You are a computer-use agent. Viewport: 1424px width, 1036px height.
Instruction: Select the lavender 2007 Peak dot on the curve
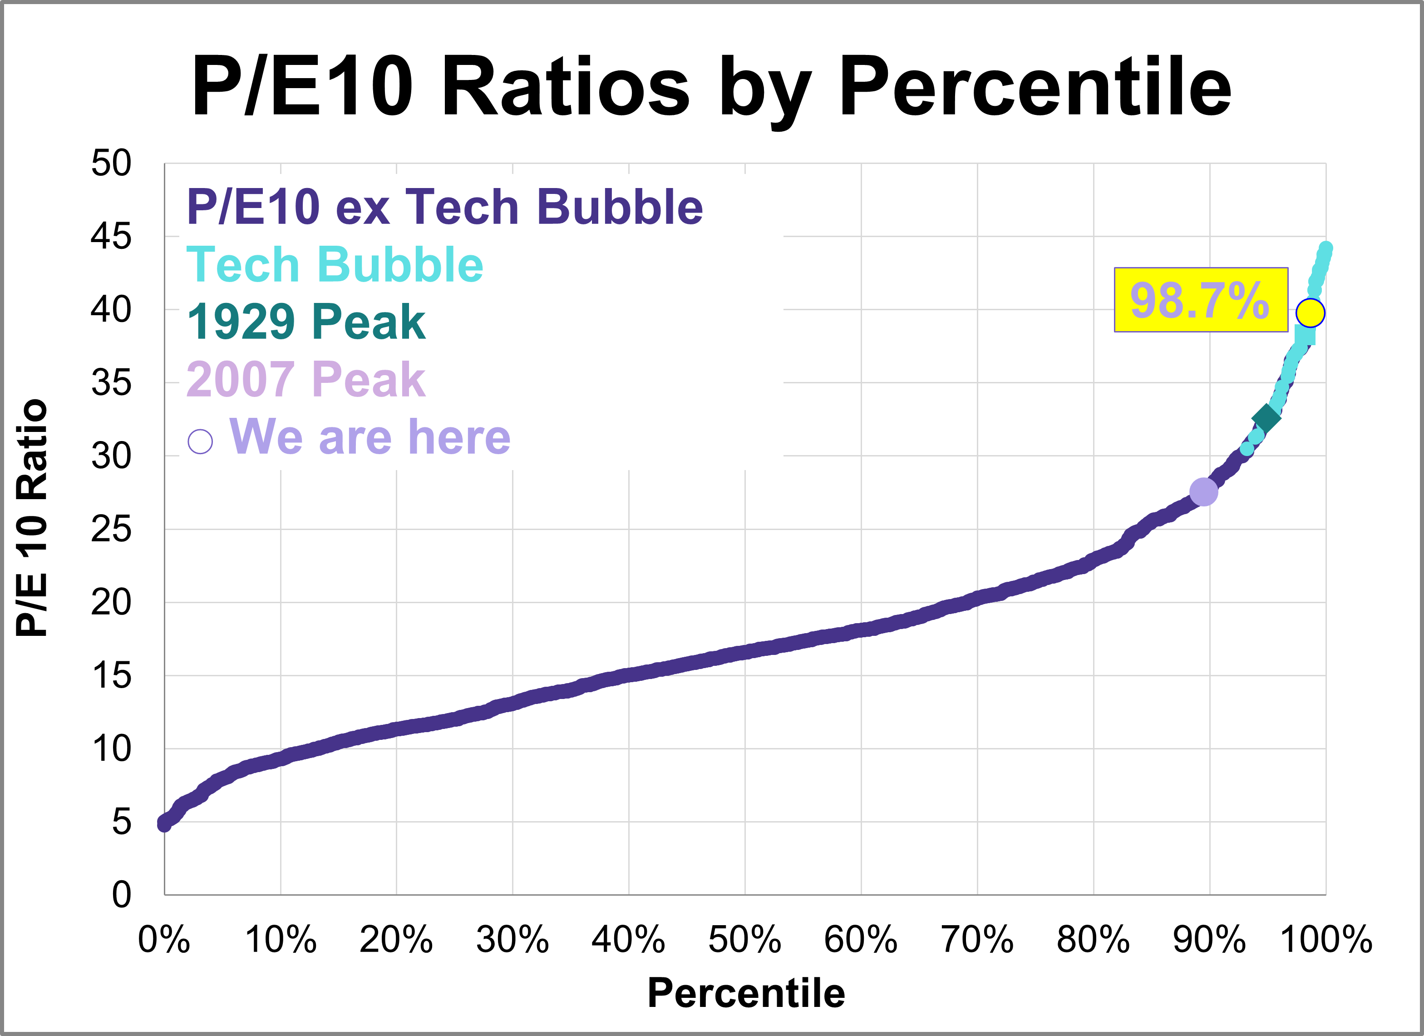[1203, 491]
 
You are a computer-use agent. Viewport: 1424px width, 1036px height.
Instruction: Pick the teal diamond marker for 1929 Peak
[1266, 418]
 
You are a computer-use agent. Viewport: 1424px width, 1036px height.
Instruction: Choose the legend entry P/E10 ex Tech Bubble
[444, 207]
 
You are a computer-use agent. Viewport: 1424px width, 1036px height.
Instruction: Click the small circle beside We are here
[200, 441]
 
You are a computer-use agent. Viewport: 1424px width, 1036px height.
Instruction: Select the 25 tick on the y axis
[111, 529]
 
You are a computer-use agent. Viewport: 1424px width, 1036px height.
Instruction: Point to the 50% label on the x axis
[744, 940]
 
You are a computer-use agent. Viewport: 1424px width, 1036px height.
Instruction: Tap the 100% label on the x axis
[1326, 940]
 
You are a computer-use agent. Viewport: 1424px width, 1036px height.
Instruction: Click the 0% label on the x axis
[164, 940]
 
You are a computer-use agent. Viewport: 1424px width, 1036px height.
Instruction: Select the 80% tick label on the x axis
[1093, 940]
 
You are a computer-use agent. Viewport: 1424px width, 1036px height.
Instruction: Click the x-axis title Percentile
[746, 993]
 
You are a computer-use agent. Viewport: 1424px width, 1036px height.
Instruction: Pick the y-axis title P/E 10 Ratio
[31, 518]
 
